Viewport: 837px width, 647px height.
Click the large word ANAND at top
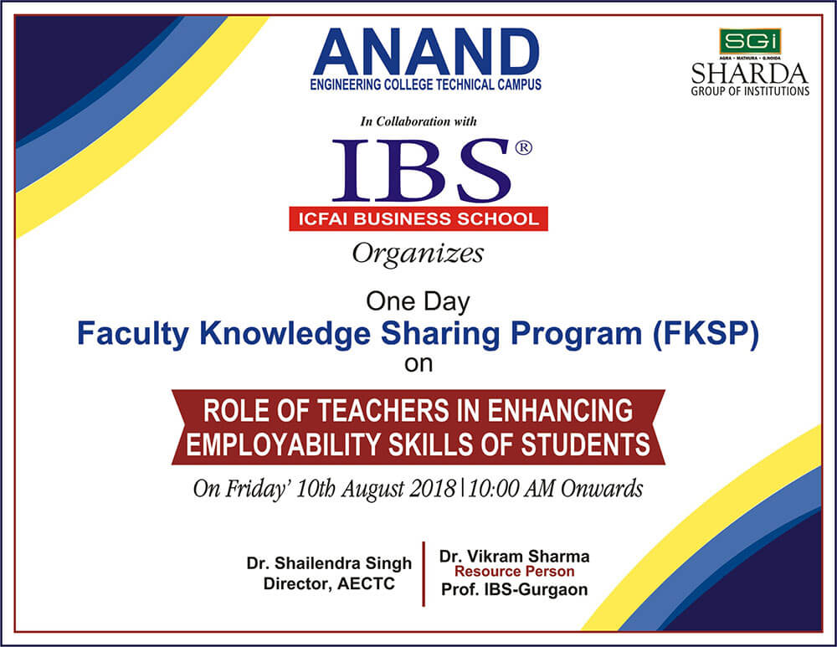(426, 52)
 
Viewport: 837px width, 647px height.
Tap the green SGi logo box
(750, 42)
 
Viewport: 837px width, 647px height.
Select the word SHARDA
(749, 74)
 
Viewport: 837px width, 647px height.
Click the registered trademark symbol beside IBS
(523, 147)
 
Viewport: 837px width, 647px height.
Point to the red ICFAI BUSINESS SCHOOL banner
(418, 218)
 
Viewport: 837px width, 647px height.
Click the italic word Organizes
(418, 254)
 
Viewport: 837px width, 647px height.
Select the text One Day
(418, 302)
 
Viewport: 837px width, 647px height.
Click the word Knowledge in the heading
(285, 334)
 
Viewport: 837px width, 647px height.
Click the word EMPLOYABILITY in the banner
(284, 444)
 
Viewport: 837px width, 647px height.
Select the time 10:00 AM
(511, 489)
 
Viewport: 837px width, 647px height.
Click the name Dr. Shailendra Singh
(329, 563)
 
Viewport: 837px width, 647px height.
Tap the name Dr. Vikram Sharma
(514, 557)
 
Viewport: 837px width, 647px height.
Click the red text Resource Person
(514, 572)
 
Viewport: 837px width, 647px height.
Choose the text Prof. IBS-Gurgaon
(514, 590)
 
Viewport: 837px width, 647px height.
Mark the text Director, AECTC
(329, 584)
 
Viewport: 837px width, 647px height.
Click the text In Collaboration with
(418, 121)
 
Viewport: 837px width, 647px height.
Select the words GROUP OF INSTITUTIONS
(750, 91)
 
